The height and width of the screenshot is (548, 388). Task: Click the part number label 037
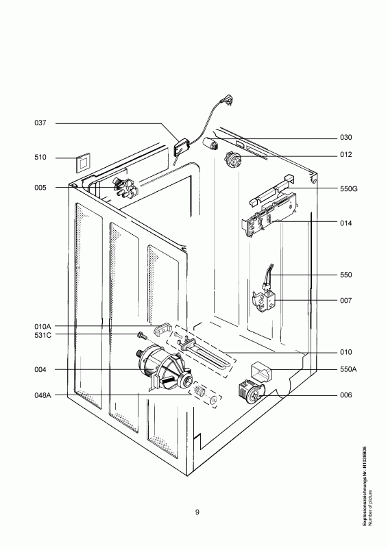40,123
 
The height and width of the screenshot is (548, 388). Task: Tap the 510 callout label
40,158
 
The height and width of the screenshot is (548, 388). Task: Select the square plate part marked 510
82,162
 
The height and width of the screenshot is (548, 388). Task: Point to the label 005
40,188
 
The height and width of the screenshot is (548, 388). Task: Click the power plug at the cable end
227,100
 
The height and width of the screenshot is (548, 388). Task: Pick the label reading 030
346,138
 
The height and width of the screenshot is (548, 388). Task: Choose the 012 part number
346,155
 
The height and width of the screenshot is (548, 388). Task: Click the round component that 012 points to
233,159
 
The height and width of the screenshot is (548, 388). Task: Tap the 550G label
349,189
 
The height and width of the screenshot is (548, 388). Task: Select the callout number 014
346,223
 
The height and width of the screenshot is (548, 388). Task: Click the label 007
346,300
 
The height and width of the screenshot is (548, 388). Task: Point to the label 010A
43,327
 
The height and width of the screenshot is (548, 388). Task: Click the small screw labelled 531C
142,335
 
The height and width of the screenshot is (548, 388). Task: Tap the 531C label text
43,335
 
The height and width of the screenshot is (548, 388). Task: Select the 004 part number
40,369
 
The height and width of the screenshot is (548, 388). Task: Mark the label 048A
43,395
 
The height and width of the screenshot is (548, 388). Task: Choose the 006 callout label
346,395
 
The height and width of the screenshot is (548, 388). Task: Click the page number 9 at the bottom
197,512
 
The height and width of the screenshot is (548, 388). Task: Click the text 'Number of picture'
370,508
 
